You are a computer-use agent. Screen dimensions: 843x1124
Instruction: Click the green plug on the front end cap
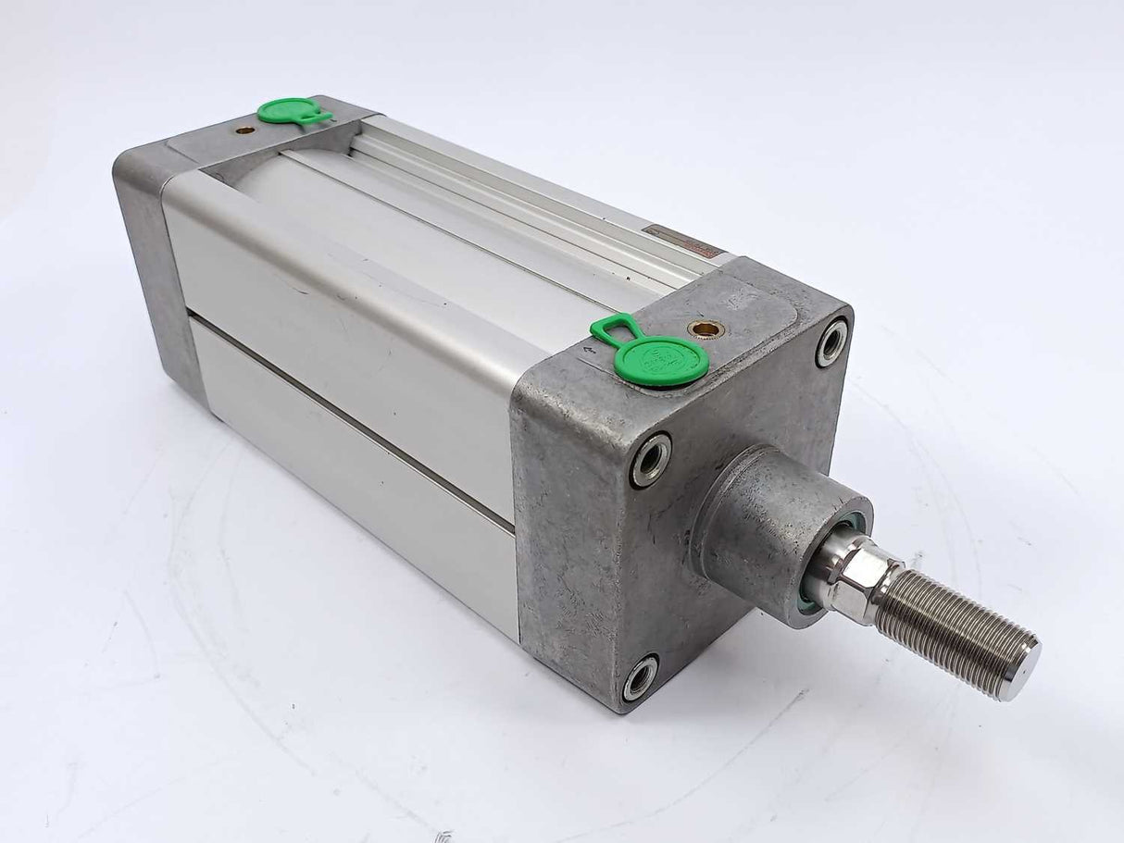pyautogui.click(x=663, y=360)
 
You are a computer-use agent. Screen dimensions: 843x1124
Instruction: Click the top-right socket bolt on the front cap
pyautogui.click(x=831, y=341)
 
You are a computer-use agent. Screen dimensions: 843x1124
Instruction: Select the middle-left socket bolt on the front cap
pyautogui.click(x=652, y=458)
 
